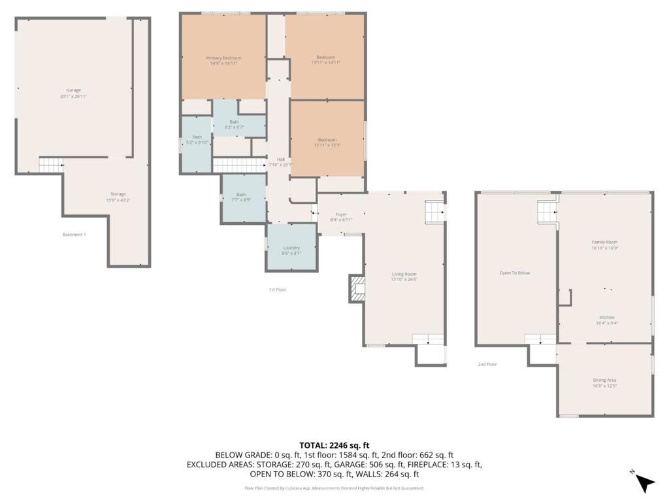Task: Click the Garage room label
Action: [x=73, y=93]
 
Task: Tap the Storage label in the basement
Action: [x=118, y=197]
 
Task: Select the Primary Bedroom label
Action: [x=223, y=60]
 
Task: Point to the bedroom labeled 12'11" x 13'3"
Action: [x=327, y=142]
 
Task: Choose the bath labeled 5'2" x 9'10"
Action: [x=197, y=139]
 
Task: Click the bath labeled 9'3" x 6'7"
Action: [x=234, y=124]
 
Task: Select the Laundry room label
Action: [x=291, y=250]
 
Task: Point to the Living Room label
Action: [x=404, y=276]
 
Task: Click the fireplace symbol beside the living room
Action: [x=357, y=288]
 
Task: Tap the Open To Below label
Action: [x=515, y=273]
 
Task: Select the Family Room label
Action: [x=604, y=244]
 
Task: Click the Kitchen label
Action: [x=607, y=320]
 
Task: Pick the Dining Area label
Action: [x=604, y=382]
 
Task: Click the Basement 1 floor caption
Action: [x=74, y=235]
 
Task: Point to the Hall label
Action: [x=281, y=161]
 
